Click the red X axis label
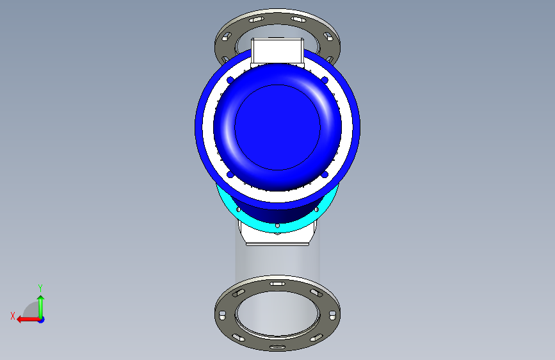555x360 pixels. click(13, 316)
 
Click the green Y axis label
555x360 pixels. click(40, 288)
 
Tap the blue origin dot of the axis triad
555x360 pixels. click(41, 320)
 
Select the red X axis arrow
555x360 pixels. click(28, 320)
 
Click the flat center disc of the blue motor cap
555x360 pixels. click(278, 127)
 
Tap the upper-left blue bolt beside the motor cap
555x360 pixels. click(230, 80)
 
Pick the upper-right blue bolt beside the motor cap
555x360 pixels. click(325, 80)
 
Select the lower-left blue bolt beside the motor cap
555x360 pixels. click(230, 174)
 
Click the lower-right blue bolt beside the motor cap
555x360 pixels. click(325, 174)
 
